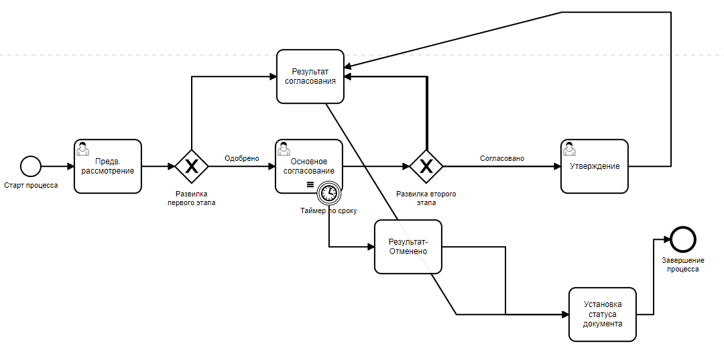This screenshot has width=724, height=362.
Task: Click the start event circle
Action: tap(31, 166)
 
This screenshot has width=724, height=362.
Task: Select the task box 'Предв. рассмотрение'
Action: tap(108, 166)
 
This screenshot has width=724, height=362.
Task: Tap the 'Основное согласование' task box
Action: tap(309, 166)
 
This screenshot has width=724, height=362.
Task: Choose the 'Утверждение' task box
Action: tap(595, 166)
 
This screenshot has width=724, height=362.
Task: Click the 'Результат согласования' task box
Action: tap(310, 76)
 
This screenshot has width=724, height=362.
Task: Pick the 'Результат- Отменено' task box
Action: tap(408, 247)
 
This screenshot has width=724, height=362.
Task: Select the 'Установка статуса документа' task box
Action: tap(602, 314)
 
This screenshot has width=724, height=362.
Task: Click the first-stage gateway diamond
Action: tap(192, 166)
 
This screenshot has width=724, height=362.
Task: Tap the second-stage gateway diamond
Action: tap(426, 166)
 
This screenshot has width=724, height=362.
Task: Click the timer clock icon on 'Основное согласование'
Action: tap(329, 193)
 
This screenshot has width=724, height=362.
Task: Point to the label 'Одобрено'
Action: tap(241, 158)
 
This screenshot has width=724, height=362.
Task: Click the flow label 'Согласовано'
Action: tap(502, 158)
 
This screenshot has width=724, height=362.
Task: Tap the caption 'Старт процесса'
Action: tap(31, 185)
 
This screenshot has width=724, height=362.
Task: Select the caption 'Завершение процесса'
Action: tap(682, 264)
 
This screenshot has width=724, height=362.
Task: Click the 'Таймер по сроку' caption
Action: tap(328, 210)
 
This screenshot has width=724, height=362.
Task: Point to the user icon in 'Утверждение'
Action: tap(569, 147)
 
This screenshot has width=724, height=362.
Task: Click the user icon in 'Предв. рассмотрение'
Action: tap(82, 147)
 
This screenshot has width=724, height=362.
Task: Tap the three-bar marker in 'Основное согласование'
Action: tap(310, 184)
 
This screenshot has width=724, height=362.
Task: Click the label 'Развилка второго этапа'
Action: tap(426, 198)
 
